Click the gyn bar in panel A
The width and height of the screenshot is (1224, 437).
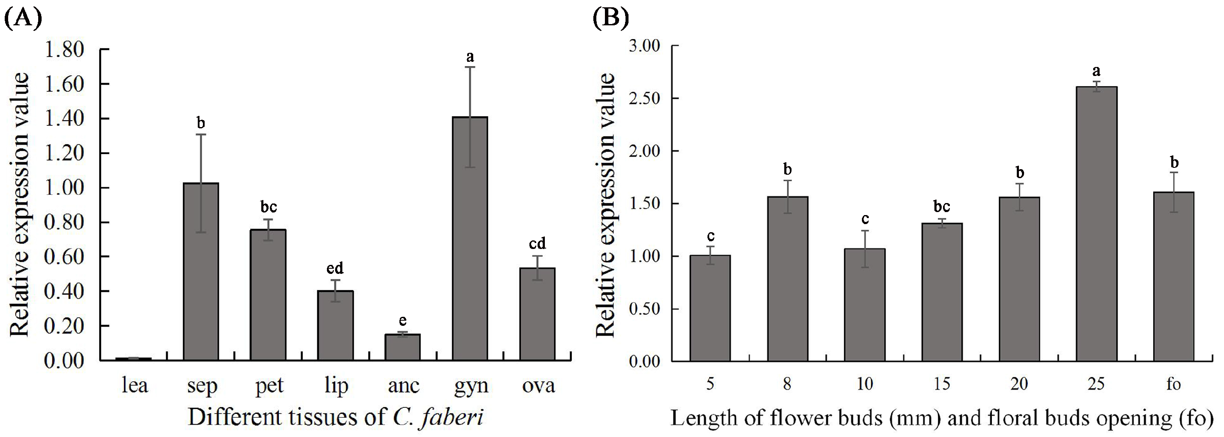tap(470, 238)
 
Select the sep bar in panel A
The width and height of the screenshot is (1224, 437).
tap(200, 271)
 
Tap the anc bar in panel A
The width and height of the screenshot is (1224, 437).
tap(402, 347)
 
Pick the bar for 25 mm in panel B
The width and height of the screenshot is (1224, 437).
tap(1096, 224)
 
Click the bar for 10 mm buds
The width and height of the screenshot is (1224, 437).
tap(865, 304)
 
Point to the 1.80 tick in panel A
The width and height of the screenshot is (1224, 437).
tap(64, 49)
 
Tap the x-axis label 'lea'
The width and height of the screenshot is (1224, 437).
tap(134, 385)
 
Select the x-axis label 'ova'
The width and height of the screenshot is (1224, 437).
tap(538, 385)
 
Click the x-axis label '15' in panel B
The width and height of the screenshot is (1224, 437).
tap(942, 384)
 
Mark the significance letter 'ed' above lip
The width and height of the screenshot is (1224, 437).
tap(335, 269)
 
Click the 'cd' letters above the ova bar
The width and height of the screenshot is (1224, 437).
tap(537, 244)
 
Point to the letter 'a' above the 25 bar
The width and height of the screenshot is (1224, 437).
tap(1096, 71)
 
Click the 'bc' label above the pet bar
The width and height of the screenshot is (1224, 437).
tap(269, 207)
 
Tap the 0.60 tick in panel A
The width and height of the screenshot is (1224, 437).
tap(64, 257)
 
